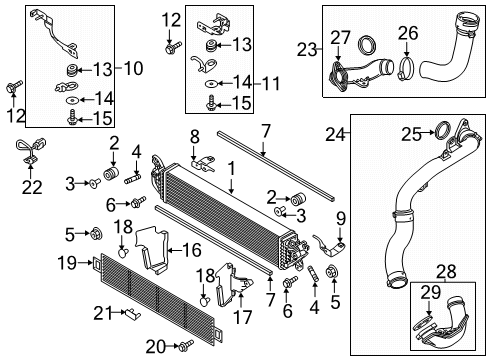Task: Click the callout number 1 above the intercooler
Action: (231, 168)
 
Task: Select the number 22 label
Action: (32, 187)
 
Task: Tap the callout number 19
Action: (67, 263)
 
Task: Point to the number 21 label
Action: (103, 313)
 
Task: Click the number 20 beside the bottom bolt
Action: (156, 347)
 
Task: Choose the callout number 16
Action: (192, 250)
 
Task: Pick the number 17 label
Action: (242, 317)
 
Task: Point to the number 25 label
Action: (411, 134)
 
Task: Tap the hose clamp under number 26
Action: (406, 69)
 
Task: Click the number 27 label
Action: (340, 37)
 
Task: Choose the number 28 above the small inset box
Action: (446, 272)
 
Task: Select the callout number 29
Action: (431, 292)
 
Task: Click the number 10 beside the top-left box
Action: (134, 68)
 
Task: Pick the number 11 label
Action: (271, 83)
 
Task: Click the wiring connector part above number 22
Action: (30, 151)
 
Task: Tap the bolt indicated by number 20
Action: (186, 346)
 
